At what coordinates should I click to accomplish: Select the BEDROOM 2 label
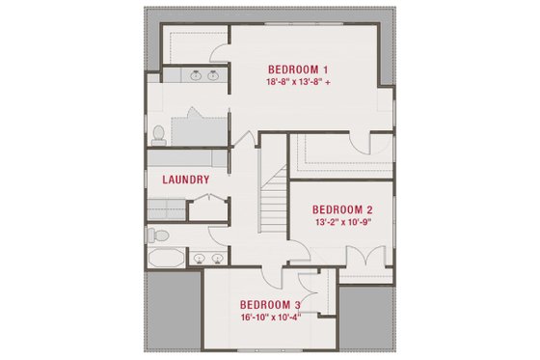tap(343, 209)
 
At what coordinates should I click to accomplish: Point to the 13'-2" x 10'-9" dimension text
tap(343, 222)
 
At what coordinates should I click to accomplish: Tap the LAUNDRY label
tap(186, 180)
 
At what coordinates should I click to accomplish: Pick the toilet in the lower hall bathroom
tap(161, 235)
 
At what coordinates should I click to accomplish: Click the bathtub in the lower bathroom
tap(167, 259)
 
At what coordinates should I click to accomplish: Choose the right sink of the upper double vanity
tap(212, 74)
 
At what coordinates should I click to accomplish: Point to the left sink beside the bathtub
tap(199, 258)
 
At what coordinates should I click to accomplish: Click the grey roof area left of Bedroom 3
tap(172, 309)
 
